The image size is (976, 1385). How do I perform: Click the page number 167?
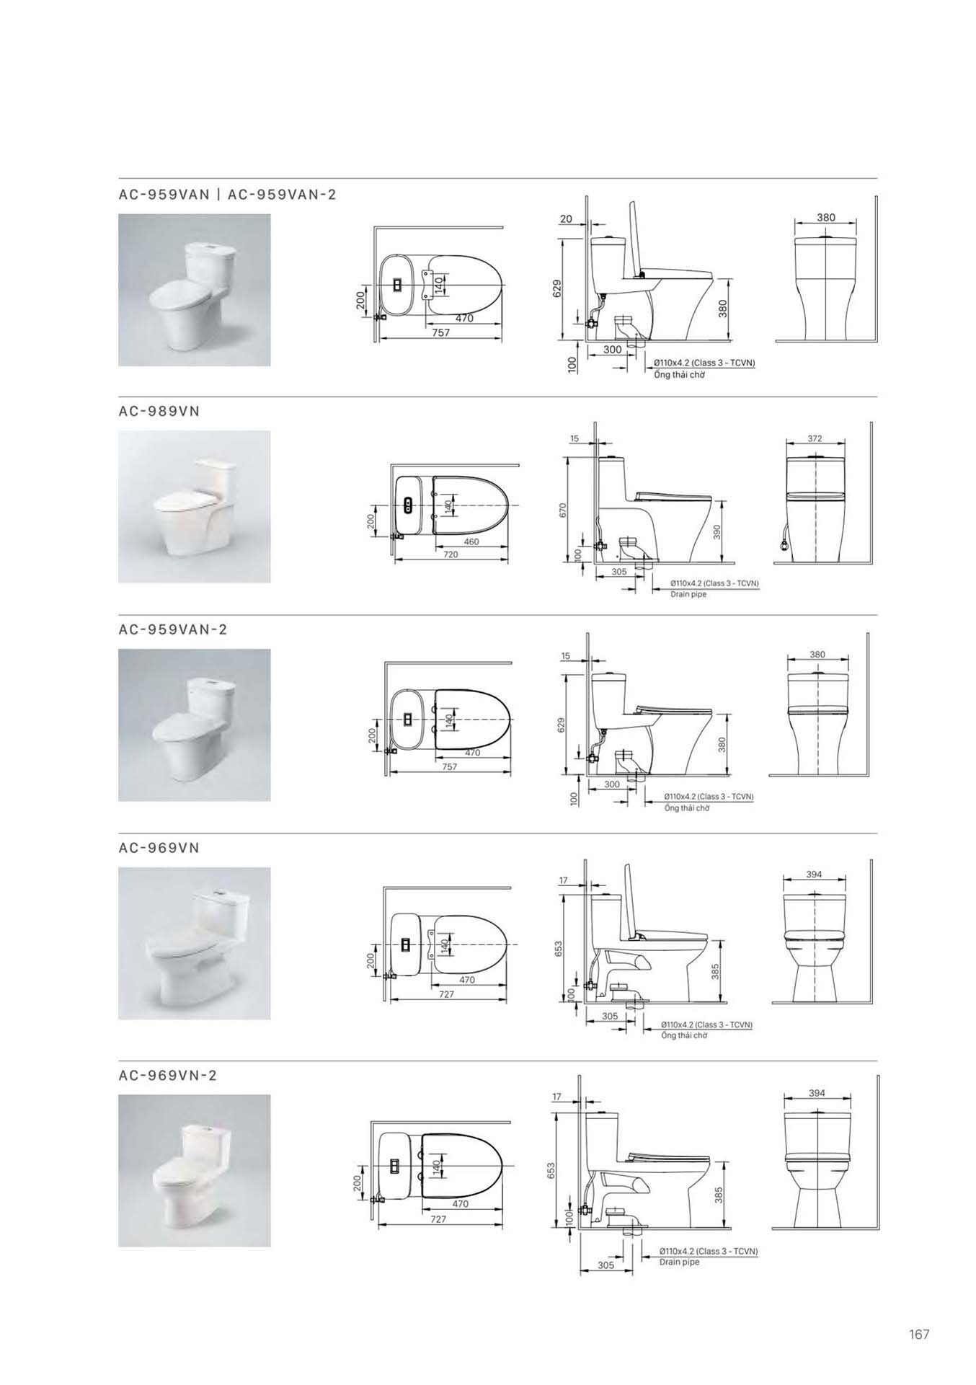click(x=919, y=1335)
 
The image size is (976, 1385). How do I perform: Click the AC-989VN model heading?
click(x=159, y=411)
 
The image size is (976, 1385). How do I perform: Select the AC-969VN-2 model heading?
click(x=168, y=1075)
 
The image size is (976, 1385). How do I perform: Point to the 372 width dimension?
click(x=815, y=438)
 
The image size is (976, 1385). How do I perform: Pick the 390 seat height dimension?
click(x=716, y=531)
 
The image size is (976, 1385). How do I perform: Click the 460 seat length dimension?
click(x=471, y=541)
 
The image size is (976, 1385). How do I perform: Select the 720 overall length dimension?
click(x=451, y=554)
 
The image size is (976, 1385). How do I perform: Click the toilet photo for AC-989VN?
click(x=195, y=506)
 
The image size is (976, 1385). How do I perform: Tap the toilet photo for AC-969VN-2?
click(x=195, y=1171)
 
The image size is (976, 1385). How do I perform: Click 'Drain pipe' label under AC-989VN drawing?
click(x=688, y=595)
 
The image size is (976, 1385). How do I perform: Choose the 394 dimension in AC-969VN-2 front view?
click(x=817, y=1093)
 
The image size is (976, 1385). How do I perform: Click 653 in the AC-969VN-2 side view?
click(x=550, y=1169)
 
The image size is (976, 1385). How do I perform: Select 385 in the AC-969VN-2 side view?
click(x=718, y=1196)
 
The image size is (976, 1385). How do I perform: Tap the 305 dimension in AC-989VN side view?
click(x=618, y=572)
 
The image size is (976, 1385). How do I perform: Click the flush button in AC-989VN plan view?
click(x=409, y=505)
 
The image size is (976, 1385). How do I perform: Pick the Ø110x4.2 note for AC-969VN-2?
click(x=709, y=1251)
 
